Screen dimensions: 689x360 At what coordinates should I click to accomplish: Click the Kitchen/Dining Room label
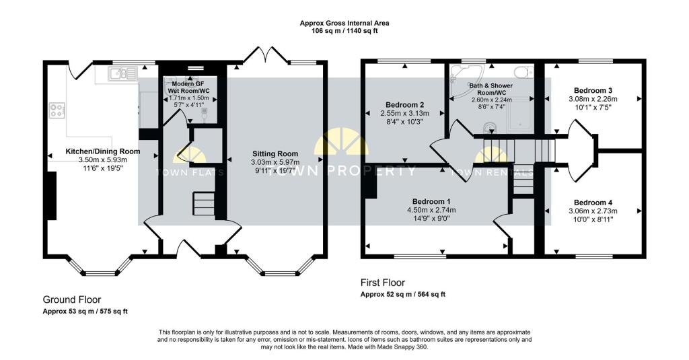pyautogui.click(x=103, y=151)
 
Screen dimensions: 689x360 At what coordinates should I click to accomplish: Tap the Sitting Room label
pyautogui.click(x=275, y=154)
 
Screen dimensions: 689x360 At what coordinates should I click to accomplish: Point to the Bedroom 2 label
pyautogui.click(x=404, y=104)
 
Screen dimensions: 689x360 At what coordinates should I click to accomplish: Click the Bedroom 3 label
pyautogui.click(x=593, y=91)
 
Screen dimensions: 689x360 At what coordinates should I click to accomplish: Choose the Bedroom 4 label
pyautogui.click(x=593, y=203)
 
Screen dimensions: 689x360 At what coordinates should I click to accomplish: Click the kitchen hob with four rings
pyautogui.click(x=57, y=110)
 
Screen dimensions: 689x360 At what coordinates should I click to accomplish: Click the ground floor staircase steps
pyautogui.click(x=203, y=203)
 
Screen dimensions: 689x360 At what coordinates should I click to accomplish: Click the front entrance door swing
pyautogui.click(x=189, y=250)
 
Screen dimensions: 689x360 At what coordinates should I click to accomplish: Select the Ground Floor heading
pyautogui.click(x=71, y=300)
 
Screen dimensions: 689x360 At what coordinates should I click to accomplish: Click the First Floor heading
pyautogui.click(x=383, y=283)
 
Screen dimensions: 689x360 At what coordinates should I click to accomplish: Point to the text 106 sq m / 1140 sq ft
pyautogui.click(x=344, y=31)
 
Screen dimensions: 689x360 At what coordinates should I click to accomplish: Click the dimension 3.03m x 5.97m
pyautogui.click(x=275, y=162)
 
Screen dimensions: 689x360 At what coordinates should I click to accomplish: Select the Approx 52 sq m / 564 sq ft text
pyautogui.click(x=403, y=295)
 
